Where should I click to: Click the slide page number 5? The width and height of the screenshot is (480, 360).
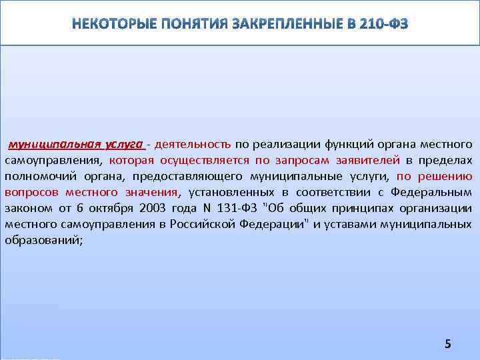[x=448, y=344]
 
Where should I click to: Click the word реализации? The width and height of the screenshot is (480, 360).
[x=287, y=144]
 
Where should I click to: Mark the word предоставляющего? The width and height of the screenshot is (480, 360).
[x=187, y=176]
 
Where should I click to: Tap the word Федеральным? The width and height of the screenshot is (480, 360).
[x=433, y=192]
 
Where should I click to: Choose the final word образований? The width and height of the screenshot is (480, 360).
[x=43, y=240]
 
